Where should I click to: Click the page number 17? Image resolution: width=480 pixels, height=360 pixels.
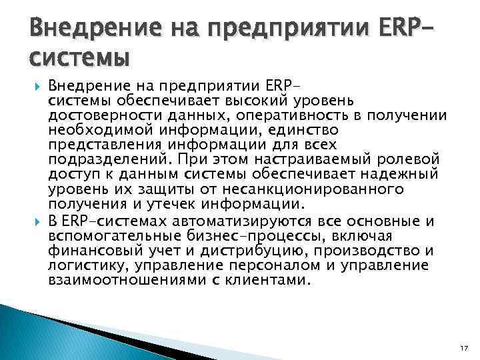point(465,348)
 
